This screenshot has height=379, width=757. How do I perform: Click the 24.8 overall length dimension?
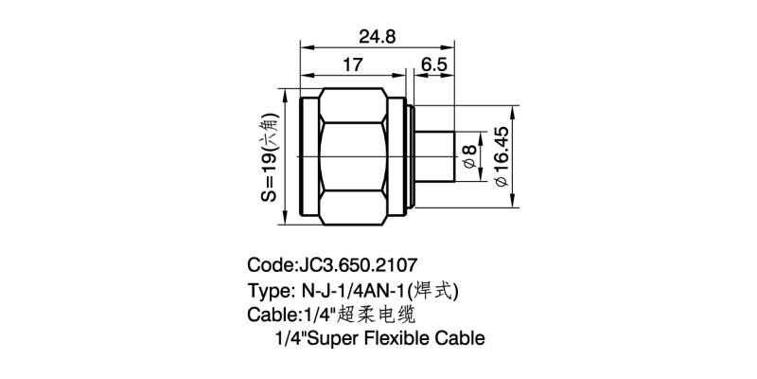coord(377,36)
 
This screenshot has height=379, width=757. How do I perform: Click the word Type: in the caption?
coord(272,290)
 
